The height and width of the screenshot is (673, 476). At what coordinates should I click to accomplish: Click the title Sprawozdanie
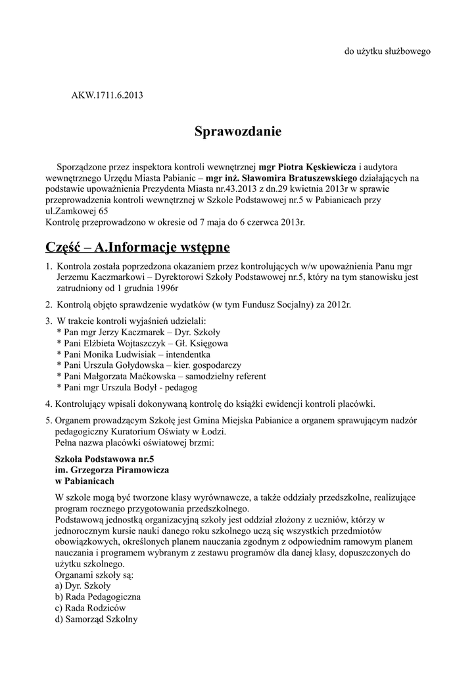(x=237, y=132)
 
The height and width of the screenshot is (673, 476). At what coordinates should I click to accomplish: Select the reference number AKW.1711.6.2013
(x=107, y=95)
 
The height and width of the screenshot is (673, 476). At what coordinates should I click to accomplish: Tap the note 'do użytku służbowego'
(x=388, y=51)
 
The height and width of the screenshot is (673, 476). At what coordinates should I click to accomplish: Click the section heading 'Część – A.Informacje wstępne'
(x=137, y=247)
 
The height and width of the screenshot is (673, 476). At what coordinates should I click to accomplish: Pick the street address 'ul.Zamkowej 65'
(x=76, y=211)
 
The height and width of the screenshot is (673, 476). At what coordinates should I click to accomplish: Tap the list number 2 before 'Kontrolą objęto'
(x=49, y=304)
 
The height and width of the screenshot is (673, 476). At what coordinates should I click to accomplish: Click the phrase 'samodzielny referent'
(x=226, y=376)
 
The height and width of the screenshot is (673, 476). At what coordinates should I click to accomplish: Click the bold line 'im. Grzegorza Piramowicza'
(x=112, y=470)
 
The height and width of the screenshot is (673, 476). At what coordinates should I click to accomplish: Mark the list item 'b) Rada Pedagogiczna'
(x=98, y=597)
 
